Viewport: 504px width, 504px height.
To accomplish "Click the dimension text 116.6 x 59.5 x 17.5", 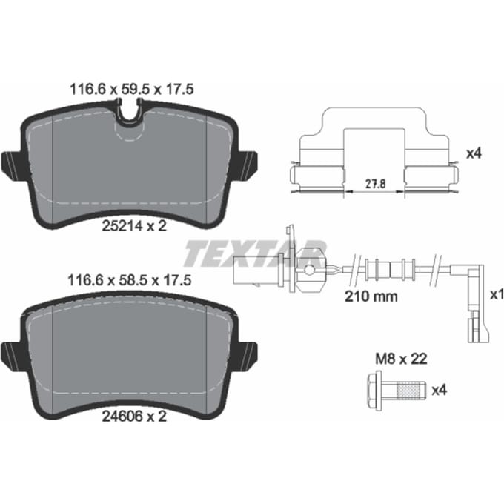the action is [x=132, y=90].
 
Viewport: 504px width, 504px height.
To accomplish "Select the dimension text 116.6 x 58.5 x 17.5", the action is [x=130, y=280].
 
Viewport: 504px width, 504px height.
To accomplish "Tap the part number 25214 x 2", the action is [x=134, y=226].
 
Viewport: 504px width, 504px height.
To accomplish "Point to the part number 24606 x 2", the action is [x=134, y=417].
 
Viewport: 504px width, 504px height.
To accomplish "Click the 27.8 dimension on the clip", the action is [x=375, y=184].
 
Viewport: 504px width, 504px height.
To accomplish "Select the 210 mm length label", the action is [x=371, y=296].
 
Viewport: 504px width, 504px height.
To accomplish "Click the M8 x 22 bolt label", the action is [x=402, y=359].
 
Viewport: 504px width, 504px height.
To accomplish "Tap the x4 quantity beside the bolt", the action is [x=439, y=391].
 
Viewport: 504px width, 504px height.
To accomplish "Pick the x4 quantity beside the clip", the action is [x=474, y=153].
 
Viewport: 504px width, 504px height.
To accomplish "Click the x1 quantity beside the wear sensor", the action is [x=497, y=295].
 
